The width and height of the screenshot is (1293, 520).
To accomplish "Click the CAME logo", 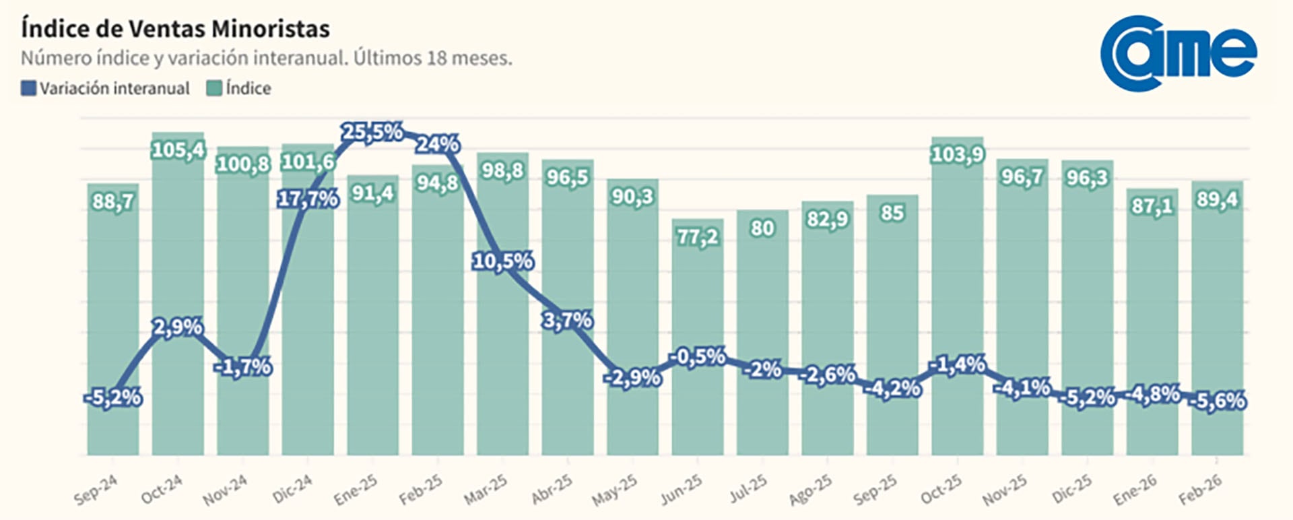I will coord(1178,54).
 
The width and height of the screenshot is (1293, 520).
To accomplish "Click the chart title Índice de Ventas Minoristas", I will coord(175,29).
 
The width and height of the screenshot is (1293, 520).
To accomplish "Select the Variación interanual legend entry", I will coord(106,88).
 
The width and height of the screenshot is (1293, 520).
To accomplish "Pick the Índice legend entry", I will coord(239,88).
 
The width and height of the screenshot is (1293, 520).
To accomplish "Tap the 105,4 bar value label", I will coord(178,150).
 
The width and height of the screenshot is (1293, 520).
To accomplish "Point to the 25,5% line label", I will coord(372,132).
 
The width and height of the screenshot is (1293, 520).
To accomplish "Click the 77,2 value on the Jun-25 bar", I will coord(698,237).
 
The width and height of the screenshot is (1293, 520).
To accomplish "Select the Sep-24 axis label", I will coord(96,490).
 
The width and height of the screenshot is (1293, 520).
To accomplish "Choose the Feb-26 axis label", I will coord(1200,490).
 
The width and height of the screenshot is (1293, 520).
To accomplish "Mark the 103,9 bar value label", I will coord(957,155).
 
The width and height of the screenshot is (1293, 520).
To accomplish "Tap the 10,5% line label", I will coord(503,261).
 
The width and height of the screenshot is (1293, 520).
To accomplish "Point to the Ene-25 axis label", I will coord(356,490).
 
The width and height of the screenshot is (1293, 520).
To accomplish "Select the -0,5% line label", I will coord(698,356).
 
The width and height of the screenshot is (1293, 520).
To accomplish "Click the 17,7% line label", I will coord(308,199).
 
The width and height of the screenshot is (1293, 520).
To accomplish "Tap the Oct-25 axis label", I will coord(941,490).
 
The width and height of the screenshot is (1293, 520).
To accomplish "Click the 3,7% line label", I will coord(568,320).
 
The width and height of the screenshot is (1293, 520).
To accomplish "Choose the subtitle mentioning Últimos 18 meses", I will coord(266,59).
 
